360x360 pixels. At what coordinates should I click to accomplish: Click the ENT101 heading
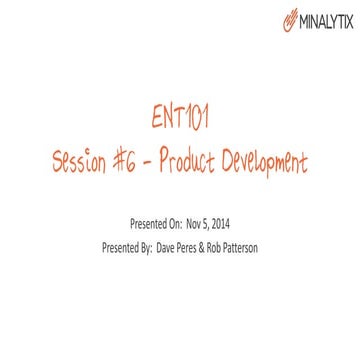[x=179, y=122]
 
